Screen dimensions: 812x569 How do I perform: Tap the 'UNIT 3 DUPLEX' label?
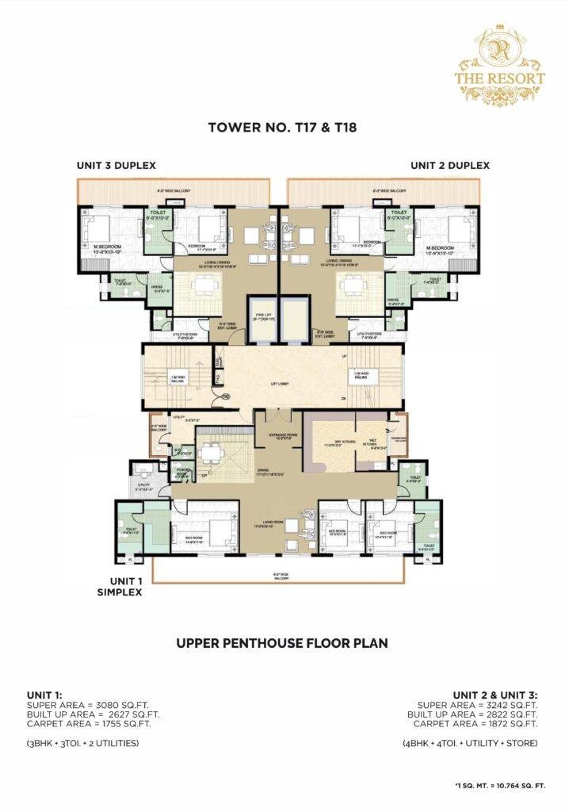click(116, 166)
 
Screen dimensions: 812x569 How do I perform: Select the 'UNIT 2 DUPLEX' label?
click(449, 166)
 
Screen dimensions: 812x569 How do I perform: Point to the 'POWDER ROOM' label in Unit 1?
click(185, 470)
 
